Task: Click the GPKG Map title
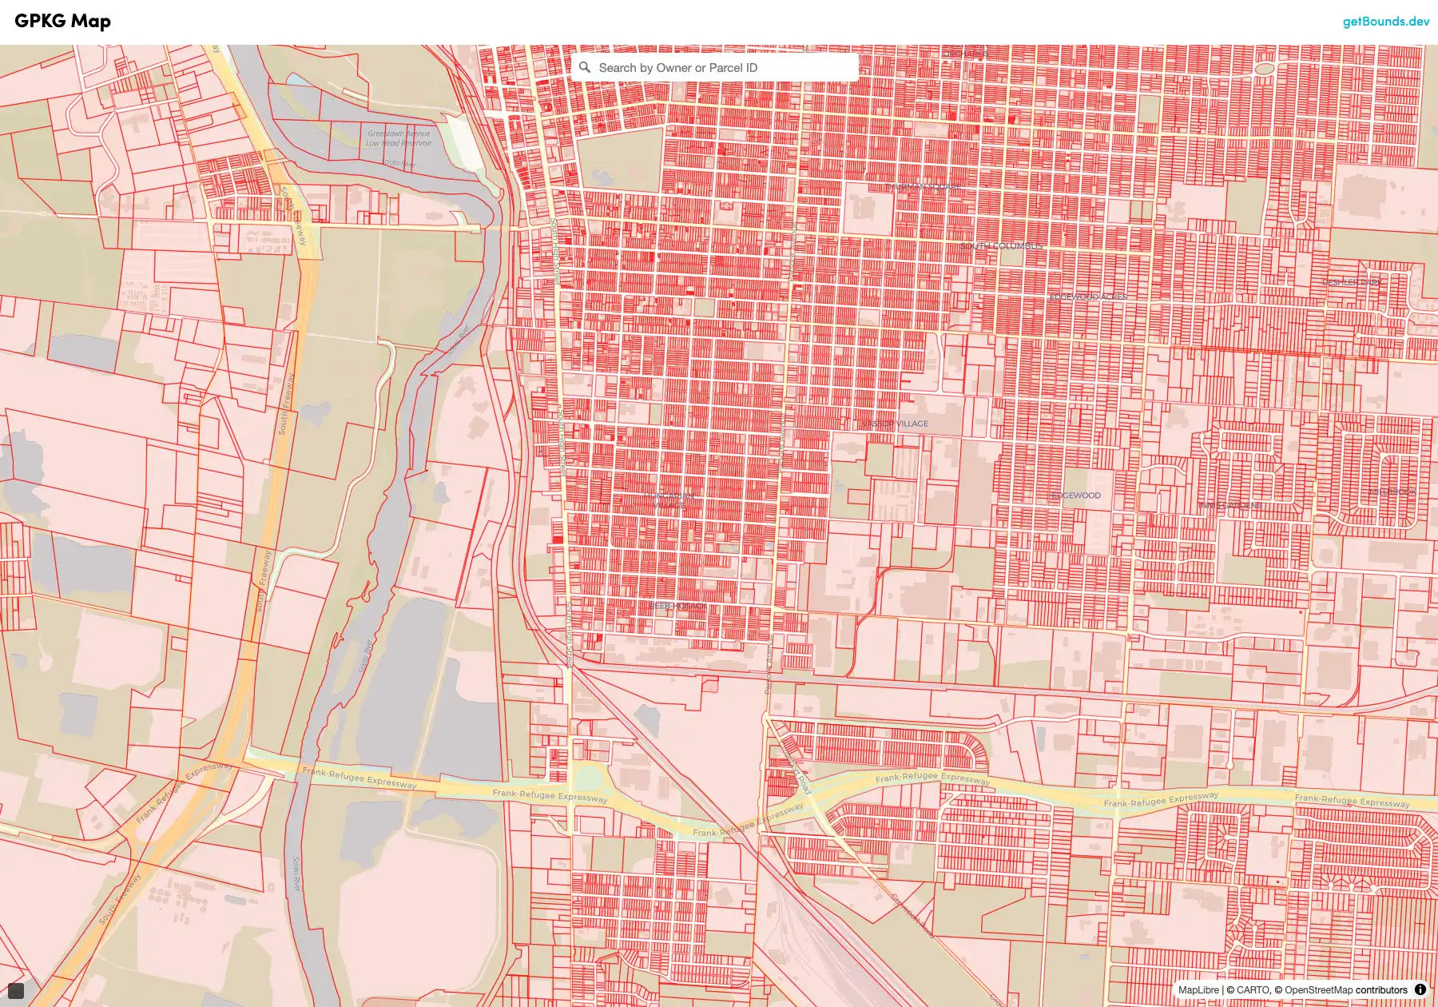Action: (62, 22)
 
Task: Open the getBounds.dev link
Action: (1385, 22)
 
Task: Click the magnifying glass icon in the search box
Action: (585, 68)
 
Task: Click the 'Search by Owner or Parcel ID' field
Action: (719, 68)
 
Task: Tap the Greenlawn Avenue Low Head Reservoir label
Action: (399, 138)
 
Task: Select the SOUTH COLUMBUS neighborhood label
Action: (1001, 246)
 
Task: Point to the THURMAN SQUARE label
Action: (923, 187)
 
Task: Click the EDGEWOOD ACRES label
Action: (1087, 297)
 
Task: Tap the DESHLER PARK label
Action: (1352, 282)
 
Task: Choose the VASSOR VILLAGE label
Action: (895, 424)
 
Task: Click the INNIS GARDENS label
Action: (1229, 506)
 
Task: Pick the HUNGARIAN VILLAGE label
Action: (669, 500)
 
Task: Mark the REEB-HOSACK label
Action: (677, 606)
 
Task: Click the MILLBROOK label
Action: (1392, 492)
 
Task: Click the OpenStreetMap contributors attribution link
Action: (1345, 990)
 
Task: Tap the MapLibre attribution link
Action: (1198, 990)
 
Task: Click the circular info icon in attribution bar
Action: (1420, 989)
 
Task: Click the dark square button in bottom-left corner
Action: (16, 991)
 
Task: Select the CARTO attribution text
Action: (1253, 990)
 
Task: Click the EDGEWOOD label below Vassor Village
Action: (1076, 496)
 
